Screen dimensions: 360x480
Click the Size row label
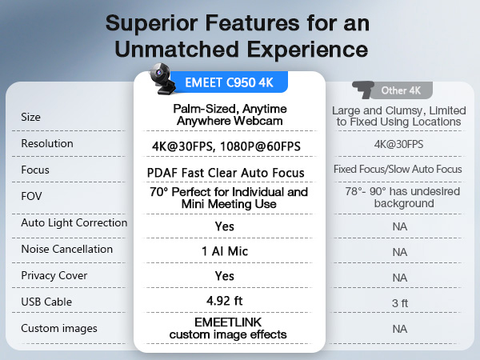(x=31, y=117)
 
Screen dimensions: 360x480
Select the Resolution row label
(x=47, y=143)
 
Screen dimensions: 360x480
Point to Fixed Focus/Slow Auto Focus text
(x=398, y=170)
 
